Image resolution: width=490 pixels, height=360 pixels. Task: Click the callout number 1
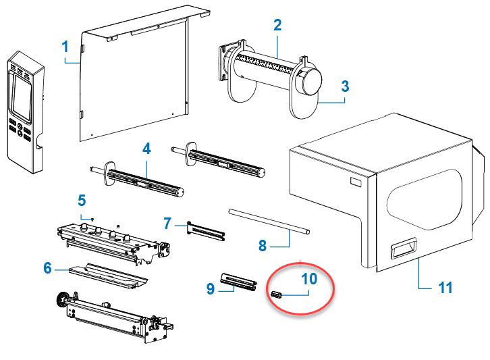pos(65,47)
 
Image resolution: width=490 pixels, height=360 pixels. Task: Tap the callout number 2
pos(277,25)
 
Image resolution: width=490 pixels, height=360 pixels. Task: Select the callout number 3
pos(345,86)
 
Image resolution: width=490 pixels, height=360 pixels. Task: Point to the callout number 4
pos(146,149)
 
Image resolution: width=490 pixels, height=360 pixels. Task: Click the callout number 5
pos(82,200)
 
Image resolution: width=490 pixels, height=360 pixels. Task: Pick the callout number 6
pos(47,267)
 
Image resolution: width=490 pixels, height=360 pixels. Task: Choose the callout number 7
pos(167,224)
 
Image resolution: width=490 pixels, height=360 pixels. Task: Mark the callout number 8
pos(263,246)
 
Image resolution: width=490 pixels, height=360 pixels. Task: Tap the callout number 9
pos(211,288)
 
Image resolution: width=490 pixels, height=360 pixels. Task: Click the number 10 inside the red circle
pos(309,279)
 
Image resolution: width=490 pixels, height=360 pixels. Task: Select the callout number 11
pos(445,288)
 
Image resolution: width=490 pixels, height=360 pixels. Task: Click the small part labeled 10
pos(277,294)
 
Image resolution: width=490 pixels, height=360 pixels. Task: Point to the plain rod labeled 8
pos(269,222)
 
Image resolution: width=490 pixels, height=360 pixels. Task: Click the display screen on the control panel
pos(22,97)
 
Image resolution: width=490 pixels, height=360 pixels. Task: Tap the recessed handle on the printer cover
pos(404,248)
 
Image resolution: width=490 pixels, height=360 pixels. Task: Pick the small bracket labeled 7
pos(206,231)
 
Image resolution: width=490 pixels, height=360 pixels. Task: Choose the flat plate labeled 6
pos(108,276)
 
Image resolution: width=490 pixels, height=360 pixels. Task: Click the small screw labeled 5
pos(93,220)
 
